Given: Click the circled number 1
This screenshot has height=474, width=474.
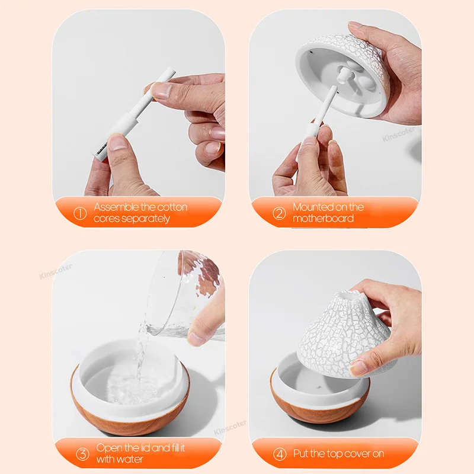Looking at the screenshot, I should point(79,213).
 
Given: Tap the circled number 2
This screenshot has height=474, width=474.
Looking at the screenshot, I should point(279,213).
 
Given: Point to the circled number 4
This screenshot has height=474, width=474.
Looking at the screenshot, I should point(279,454).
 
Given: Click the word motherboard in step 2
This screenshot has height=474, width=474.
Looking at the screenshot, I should point(323,219).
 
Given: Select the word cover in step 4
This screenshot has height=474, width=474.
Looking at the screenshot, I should point(351,454).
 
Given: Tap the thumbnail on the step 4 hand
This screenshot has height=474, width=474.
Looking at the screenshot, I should point(359,369).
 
